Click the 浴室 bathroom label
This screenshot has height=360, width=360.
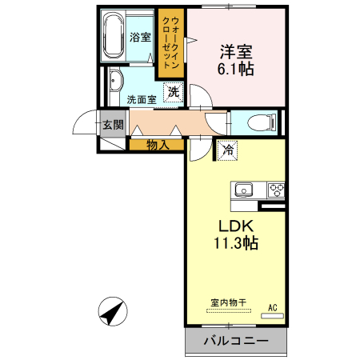pyautogui.click(x=140, y=37)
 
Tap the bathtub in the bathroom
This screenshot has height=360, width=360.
pyautogui.click(x=113, y=36)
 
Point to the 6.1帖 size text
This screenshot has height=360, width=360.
pyautogui.click(x=236, y=69)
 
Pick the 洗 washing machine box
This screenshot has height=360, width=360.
pyautogui.click(x=174, y=92)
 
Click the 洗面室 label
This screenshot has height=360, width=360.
pyautogui.click(x=142, y=100)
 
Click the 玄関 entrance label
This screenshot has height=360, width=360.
pyautogui.click(x=112, y=125)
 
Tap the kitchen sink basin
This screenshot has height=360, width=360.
pyautogui.click(x=242, y=190)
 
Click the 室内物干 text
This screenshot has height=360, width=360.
pyautogui.click(x=228, y=302)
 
